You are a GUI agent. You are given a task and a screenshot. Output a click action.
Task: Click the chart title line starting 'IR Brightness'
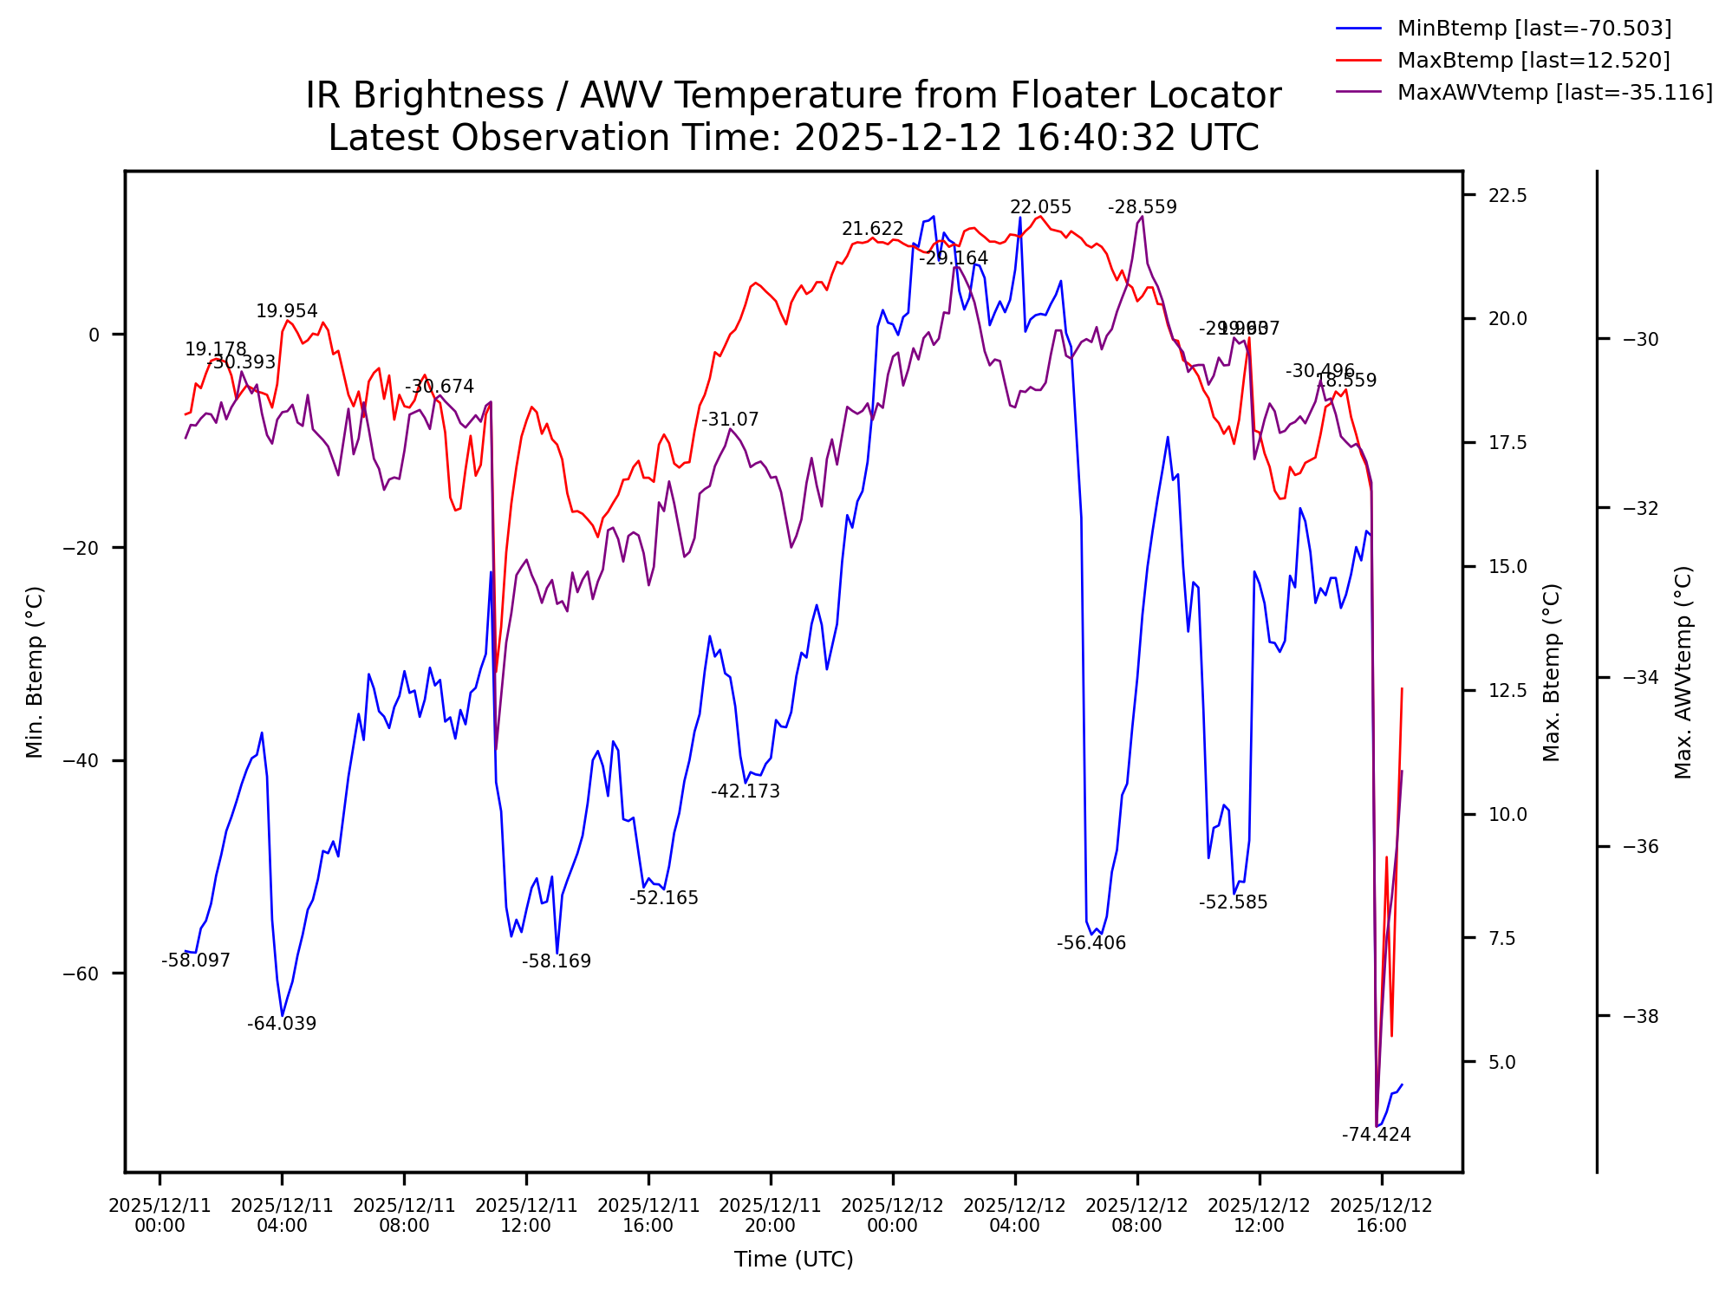coord(793,96)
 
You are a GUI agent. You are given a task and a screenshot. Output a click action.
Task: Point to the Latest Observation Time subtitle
coord(793,139)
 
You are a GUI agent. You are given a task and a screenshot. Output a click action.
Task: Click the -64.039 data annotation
coord(282,1025)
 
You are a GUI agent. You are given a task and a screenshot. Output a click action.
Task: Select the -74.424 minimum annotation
coord(1376,1135)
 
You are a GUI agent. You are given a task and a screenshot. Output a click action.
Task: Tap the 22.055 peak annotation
coord(1040,208)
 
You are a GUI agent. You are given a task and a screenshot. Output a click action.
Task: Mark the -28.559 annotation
coord(1143,208)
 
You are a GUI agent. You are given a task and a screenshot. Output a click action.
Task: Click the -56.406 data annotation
coord(1091,944)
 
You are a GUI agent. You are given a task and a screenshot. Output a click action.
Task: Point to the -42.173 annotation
coord(746,792)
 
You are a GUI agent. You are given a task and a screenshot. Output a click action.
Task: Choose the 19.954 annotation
coord(287,312)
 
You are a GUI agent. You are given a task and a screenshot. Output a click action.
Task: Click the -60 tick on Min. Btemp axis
coord(81,974)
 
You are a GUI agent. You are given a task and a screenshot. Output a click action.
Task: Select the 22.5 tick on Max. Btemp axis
coord(1507,196)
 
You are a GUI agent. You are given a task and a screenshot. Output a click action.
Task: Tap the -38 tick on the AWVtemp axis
coord(1640,1016)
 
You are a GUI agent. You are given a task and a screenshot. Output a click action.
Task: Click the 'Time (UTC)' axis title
coord(793,1260)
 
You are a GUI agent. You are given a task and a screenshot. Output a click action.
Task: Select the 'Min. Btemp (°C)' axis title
coord(35,672)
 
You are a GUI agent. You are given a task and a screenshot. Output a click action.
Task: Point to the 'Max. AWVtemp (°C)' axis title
coord(1683,672)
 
